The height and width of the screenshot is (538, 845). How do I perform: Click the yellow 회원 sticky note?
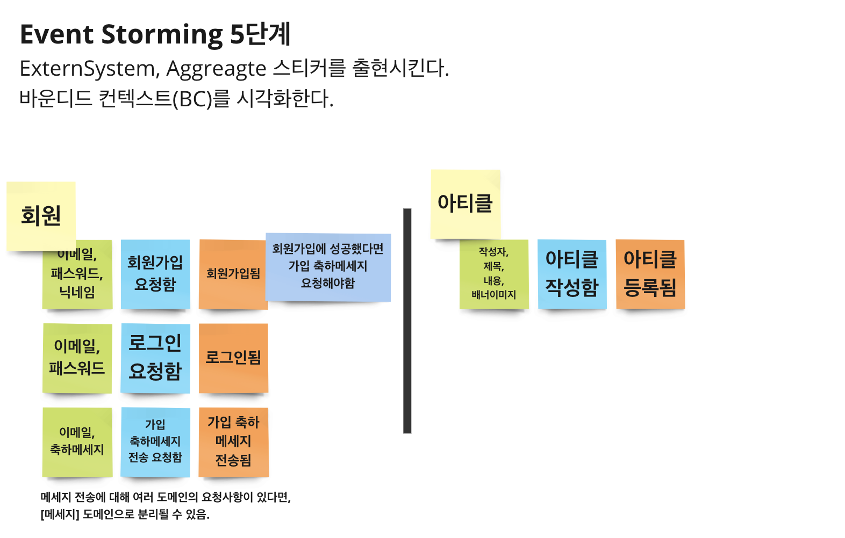pyautogui.click(x=41, y=215)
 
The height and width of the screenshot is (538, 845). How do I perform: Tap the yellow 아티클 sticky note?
pyautogui.click(x=466, y=203)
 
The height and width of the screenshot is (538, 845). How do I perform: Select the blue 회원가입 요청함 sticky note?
pyautogui.click(x=155, y=274)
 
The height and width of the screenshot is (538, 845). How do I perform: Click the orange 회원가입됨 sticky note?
pyautogui.click(x=233, y=274)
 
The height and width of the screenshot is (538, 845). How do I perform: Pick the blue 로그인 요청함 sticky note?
pyautogui.click(x=155, y=358)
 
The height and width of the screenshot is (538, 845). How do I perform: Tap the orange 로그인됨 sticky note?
pyautogui.click(x=233, y=358)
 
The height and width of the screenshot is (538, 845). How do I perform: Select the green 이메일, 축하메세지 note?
pyautogui.click(x=77, y=441)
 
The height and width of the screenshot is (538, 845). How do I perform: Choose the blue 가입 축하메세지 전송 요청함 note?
pyautogui.click(x=155, y=441)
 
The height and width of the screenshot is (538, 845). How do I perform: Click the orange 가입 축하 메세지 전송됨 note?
pyautogui.click(x=233, y=441)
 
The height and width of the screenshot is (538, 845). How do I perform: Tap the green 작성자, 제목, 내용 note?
pyautogui.click(x=493, y=274)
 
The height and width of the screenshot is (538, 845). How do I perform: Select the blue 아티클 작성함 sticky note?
pyautogui.click(x=572, y=274)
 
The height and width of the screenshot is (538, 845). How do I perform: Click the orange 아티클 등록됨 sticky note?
pyautogui.click(x=650, y=274)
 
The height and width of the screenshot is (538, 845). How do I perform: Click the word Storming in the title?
pyautogui.click(x=162, y=34)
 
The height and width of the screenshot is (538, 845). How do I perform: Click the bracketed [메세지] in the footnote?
pyautogui.click(x=60, y=514)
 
